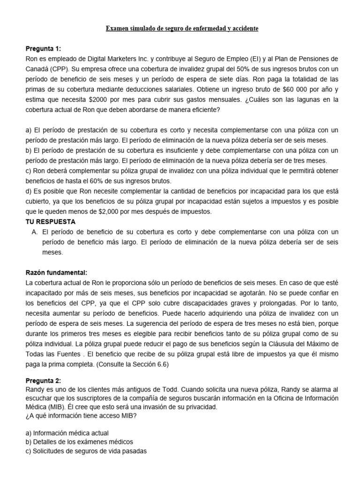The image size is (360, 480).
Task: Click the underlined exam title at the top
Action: point(181,29)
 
